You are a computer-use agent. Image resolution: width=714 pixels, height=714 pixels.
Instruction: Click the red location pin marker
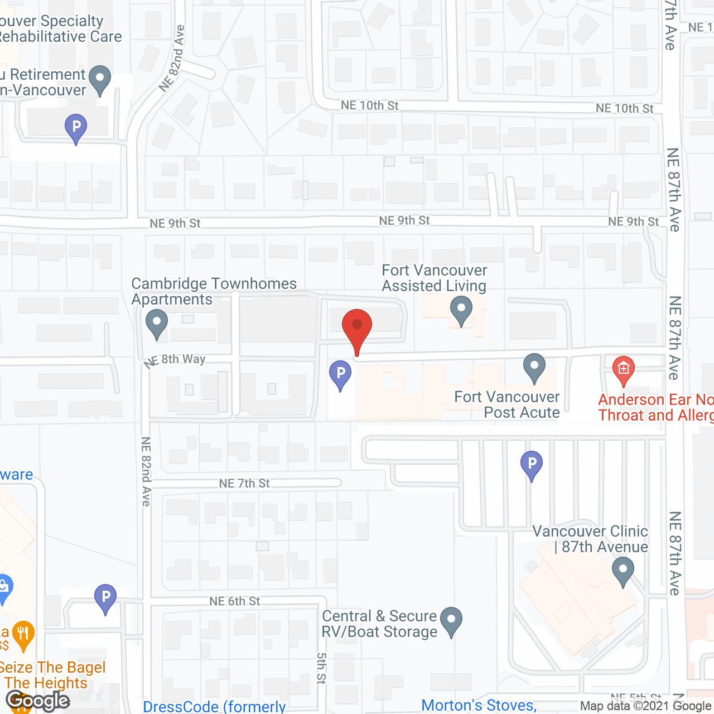[x=357, y=327]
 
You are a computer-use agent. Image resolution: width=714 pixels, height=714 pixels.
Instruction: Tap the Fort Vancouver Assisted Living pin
[x=461, y=310]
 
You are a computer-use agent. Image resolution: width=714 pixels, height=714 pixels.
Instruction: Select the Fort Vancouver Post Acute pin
[x=534, y=367]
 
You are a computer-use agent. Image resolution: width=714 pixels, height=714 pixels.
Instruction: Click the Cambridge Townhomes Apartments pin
[x=157, y=324]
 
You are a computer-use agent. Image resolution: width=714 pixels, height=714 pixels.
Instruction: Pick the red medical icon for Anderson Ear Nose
[x=624, y=370]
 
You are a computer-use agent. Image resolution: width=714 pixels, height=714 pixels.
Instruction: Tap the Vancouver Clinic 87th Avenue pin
[x=623, y=572]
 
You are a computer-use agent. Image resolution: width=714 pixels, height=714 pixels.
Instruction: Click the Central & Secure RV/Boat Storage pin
[x=451, y=620]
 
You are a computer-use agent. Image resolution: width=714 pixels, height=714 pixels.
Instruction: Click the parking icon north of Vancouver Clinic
[x=532, y=464]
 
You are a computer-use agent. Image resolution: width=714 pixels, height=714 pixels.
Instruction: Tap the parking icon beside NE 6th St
[x=105, y=597]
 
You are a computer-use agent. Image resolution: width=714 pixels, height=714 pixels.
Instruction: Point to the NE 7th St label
[x=244, y=483]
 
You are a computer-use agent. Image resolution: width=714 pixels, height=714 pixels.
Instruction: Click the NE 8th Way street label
[x=175, y=360]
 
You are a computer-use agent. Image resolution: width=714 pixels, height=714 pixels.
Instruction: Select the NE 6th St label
[x=235, y=601]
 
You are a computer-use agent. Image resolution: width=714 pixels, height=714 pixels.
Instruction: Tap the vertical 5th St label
[x=321, y=668]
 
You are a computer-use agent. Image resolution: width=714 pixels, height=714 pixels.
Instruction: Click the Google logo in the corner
[x=38, y=701]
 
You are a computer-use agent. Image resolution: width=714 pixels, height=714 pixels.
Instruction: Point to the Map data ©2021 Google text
[x=645, y=706]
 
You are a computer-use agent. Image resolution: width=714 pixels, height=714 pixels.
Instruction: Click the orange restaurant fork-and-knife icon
[x=23, y=634]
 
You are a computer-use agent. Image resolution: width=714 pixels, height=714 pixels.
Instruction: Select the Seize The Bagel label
[x=52, y=668]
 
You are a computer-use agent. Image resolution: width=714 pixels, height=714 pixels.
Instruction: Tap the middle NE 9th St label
[x=404, y=221]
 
